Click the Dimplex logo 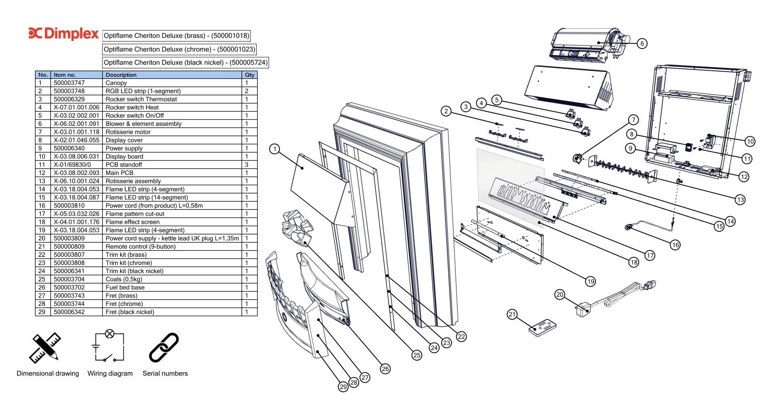(x=64, y=34)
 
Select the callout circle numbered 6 (x=642, y=44)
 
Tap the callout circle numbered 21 (x=512, y=314)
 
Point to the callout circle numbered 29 (x=343, y=387)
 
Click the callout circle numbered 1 (x=274, y=149)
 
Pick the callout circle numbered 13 (x=740, y=200)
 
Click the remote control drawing (x=542, y=328)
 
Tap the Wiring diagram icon (x=109, y=347)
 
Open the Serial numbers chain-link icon (x=164, y=347)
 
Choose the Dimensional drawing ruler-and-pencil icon (x=45, y=347)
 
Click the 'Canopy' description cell (x=116, y=83)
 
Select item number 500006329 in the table (x=69, y=99)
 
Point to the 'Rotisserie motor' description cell (x=128, y=132)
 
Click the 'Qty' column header (x=249, y=75)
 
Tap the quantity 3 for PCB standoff (x=247, y=165)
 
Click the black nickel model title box (x=186, y=63)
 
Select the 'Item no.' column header (x=65, y=75)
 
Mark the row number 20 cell (x=42, y=238)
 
